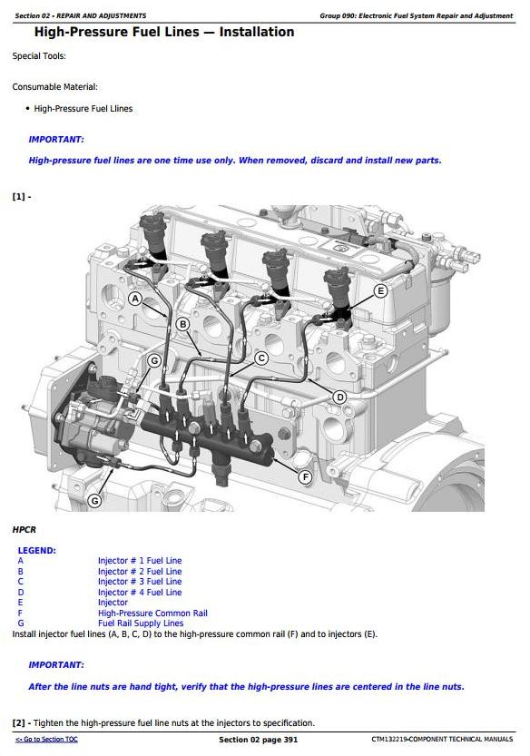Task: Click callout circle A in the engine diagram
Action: click(135, 299)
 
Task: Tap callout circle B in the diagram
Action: click(182, 325)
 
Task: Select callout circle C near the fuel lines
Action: click(261, 358)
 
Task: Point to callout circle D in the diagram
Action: click(340, 398)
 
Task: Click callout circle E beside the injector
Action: click(381, 290)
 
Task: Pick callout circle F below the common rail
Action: click(305, 476)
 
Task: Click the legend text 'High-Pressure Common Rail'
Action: click(152, 614)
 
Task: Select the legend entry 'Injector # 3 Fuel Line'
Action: click(140, 582)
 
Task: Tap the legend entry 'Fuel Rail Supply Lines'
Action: click(141, 623)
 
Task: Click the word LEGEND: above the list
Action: click(36, 550)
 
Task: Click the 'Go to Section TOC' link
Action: click(46, 739)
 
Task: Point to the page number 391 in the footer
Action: click(290, 740)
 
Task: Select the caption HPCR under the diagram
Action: click(25, 529)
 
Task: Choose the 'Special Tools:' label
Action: click(39, 56)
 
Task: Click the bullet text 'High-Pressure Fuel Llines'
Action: click(83, 109)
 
